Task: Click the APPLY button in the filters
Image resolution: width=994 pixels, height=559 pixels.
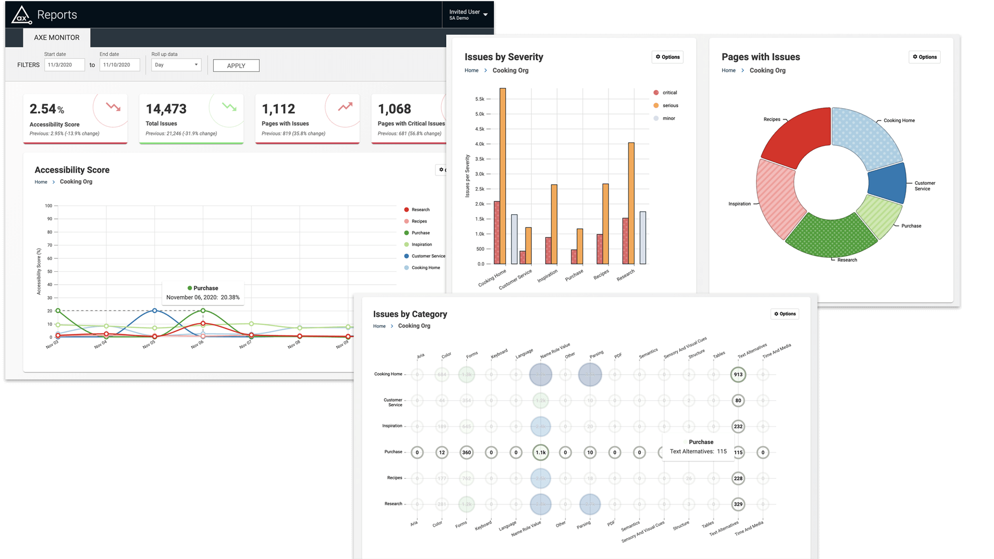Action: pyautogui.click(x=236, y=66)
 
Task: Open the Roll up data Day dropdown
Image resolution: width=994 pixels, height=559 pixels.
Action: pyautogui.click(x=176, y=65)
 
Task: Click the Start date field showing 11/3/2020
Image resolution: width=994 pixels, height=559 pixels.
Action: pyautogui.click(x=64, y=65)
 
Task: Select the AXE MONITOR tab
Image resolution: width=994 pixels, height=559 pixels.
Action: pyautogui.click(x=56, y=38)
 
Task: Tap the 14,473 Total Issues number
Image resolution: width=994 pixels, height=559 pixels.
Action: pyautogui.click(x=166, y=109)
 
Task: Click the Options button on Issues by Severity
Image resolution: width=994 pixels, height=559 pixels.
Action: pyautogui.click(x=667, y=57)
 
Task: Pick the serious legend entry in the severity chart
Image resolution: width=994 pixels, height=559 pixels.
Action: pyautogui.click(x=670, y=106)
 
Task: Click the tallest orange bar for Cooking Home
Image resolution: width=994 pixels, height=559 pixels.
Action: pyautogui.click(x=503, y=176)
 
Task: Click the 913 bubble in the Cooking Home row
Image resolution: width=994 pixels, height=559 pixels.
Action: pyautogui.click(x=738, y=374)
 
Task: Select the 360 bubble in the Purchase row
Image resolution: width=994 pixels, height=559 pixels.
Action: pyautogui.click(x=466, y=452)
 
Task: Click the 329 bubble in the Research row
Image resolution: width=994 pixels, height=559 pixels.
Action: pyautogui.click(x=738, y=504)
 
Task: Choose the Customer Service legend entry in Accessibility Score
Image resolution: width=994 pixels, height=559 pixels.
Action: pyautogui.click(x=428, y=256)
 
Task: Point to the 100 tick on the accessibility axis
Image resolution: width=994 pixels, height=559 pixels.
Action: pyautogui.click(x=49, y=206)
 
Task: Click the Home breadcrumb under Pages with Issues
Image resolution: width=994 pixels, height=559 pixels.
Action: pyautogui.click(x=728, y=70)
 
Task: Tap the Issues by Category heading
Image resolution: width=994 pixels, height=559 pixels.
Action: pyautogui.click(x=410, y=314)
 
